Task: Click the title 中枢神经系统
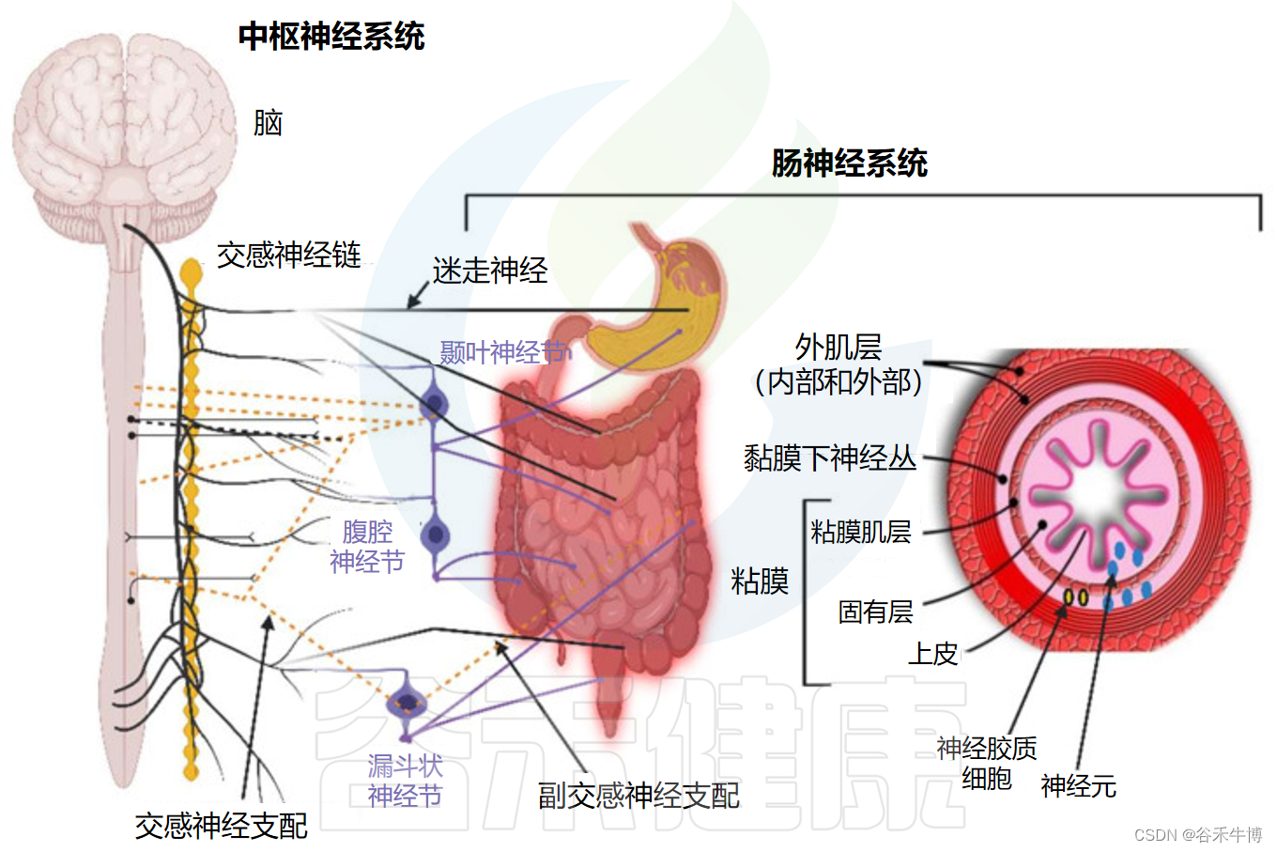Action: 331,37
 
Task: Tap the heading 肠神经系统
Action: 849,163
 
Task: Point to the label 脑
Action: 268,123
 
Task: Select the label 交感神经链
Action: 288,255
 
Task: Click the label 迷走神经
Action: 489,271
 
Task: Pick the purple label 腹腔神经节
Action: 367,547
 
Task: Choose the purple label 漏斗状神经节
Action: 405,781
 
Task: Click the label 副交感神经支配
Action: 638,796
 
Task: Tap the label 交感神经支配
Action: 221,826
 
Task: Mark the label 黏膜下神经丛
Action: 829,458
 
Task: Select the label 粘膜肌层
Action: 860,532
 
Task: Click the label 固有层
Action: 875,612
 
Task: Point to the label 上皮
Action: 932,653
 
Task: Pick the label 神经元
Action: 1078,786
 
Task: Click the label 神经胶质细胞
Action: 986,763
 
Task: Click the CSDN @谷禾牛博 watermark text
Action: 1197,835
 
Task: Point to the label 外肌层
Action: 838,348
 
